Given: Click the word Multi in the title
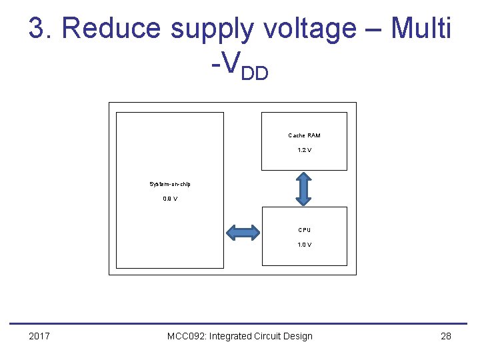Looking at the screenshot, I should (x=421, y=29).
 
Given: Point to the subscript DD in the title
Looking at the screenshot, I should (x=255, y=73).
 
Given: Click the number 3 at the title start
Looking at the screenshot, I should (x=37, y=29).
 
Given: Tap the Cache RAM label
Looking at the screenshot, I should (x=304, y=135).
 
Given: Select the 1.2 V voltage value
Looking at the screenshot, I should (x=304, y=150).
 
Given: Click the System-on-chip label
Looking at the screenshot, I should (x=170, y=184).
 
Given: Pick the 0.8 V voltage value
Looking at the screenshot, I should (x=170, y=199).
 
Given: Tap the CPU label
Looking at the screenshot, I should (x=304, y=230).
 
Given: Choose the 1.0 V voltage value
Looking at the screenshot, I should (x=304, y=245).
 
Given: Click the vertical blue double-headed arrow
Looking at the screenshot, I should (x=304, y=189).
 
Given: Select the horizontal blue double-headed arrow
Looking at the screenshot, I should (x=243, y=232).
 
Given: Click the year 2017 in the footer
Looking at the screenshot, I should (x=39, y=336).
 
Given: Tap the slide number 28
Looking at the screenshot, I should (x=446, y=336).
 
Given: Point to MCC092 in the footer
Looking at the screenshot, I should (x=186, y=336).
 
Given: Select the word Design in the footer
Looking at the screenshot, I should (x=298, y=336).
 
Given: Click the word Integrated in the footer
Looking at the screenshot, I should (x=230, y=336).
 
